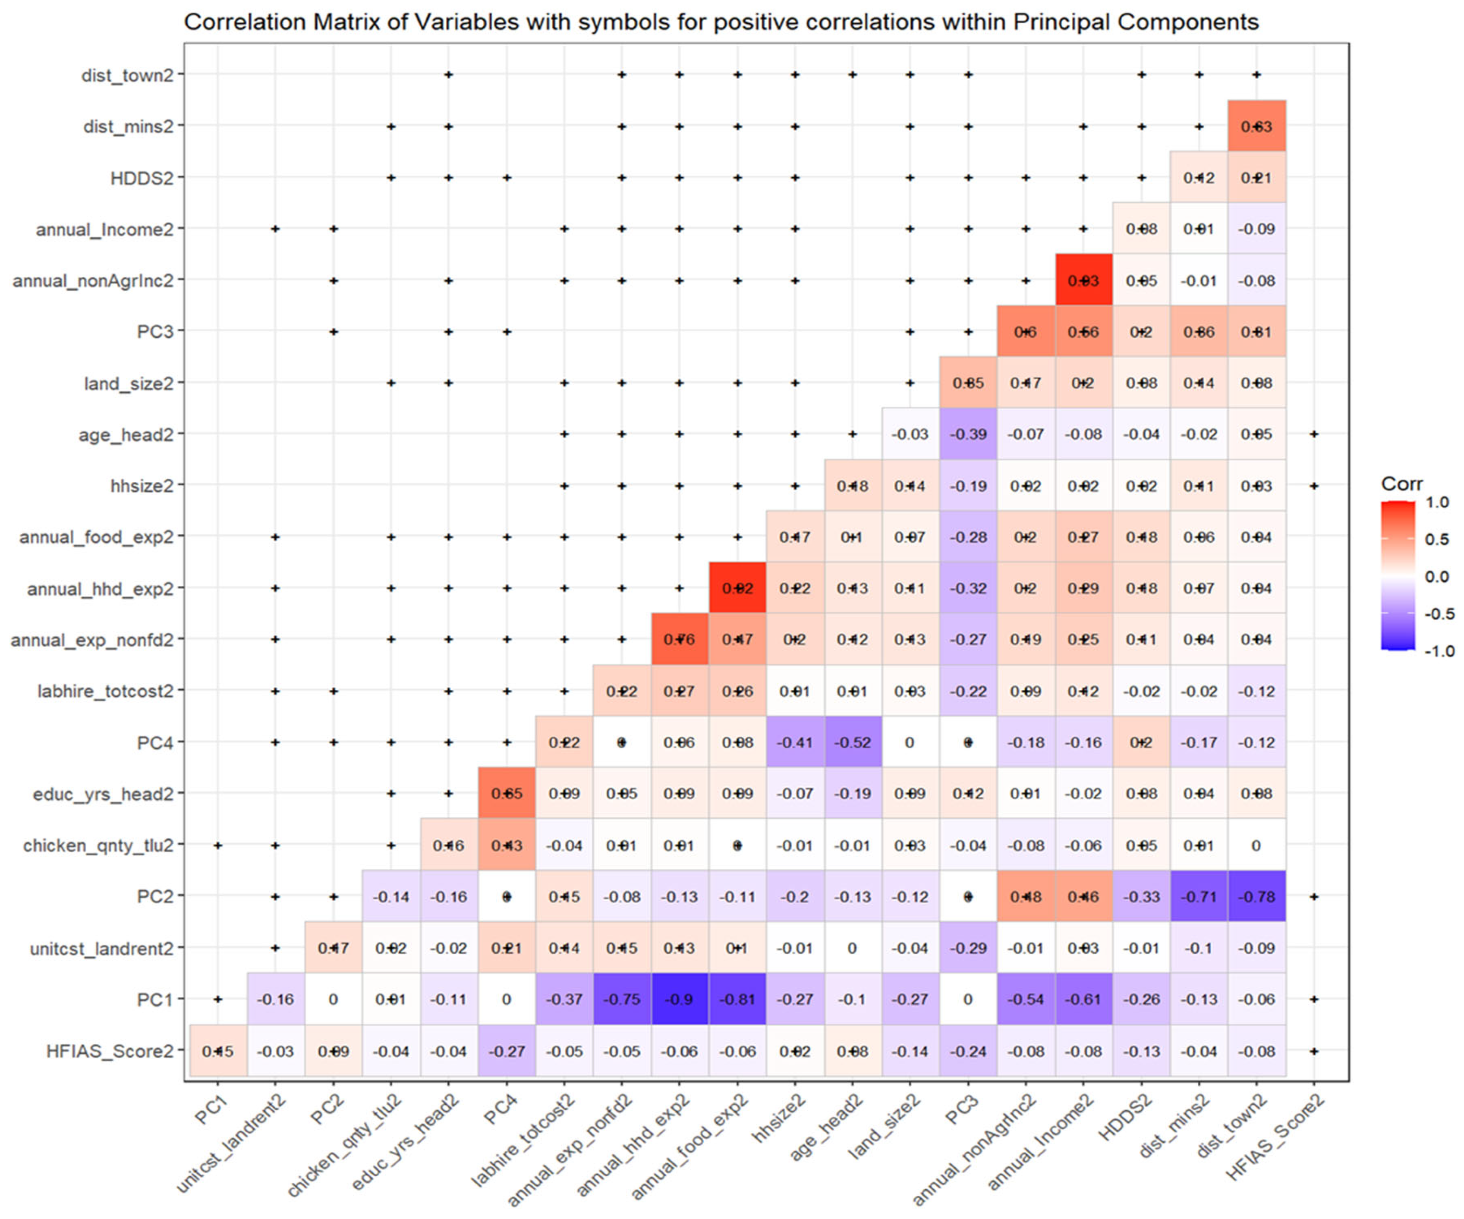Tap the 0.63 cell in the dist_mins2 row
click(x=1256, y=126)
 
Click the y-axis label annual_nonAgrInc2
click(x=93, y=280)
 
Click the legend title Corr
click(x=1401, y=484)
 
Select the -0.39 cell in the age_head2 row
click(x=968, y=434)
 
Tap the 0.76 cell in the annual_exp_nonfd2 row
click(x=679, y=639)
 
